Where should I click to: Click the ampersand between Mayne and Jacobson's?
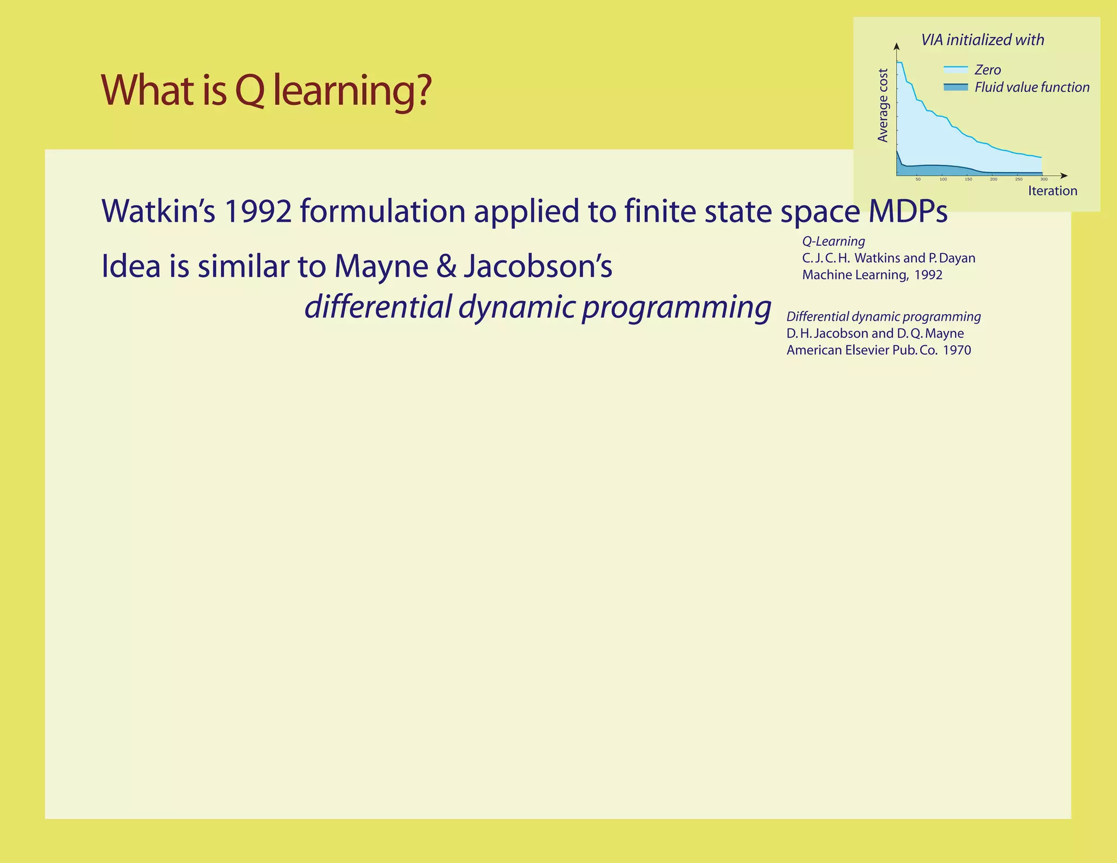[x=446, y=266]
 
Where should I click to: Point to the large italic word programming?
[x=676, y=307]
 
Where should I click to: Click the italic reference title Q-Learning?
[x=833, y=241]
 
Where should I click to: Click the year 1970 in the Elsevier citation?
[x=957, y=350]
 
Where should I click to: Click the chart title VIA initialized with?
[x=982, y=40]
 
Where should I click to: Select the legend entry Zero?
[x=987, y=70]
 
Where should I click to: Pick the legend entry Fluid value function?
[x=1031, y=87]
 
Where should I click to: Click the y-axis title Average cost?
[x=882, y=105]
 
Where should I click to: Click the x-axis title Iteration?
[x=1052, y=191]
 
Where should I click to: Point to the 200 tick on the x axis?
[x=993, y=179]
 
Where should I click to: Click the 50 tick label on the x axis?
[x=918, y=179]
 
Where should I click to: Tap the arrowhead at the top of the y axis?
[x=896, y=46]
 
